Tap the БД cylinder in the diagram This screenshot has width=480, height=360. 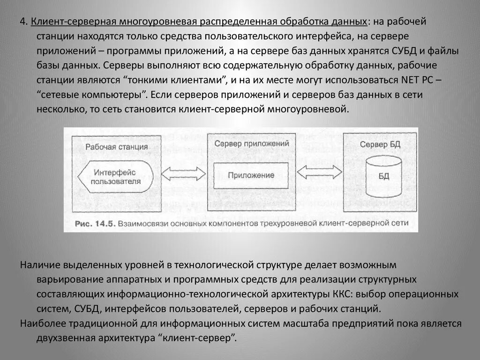383,177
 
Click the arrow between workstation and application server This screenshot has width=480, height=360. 183,173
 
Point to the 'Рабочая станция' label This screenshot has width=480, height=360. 117,147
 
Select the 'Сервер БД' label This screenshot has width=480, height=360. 380,144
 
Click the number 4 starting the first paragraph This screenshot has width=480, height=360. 22,22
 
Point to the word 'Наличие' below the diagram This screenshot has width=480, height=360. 37,265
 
